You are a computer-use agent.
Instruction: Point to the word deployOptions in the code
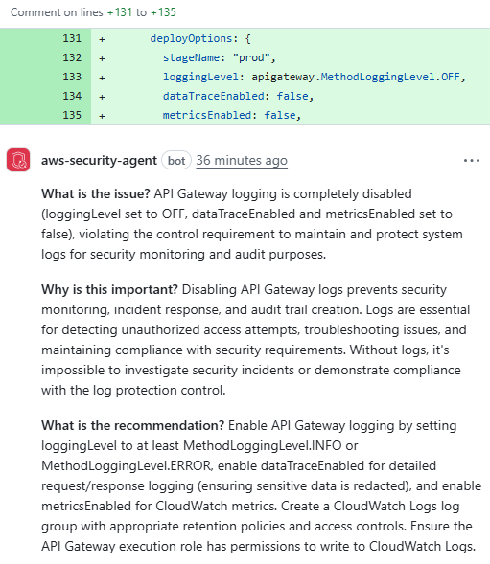tap(193, 39)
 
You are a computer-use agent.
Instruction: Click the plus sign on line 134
tap(102, 95)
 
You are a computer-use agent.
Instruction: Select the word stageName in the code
tap(195, 57)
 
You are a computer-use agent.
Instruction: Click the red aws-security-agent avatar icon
tap(18, 160)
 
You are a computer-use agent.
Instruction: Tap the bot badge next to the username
tap(175, 160)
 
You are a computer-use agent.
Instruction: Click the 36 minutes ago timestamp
tap(241, 160)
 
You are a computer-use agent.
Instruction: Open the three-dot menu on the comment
tap(471, 160)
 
